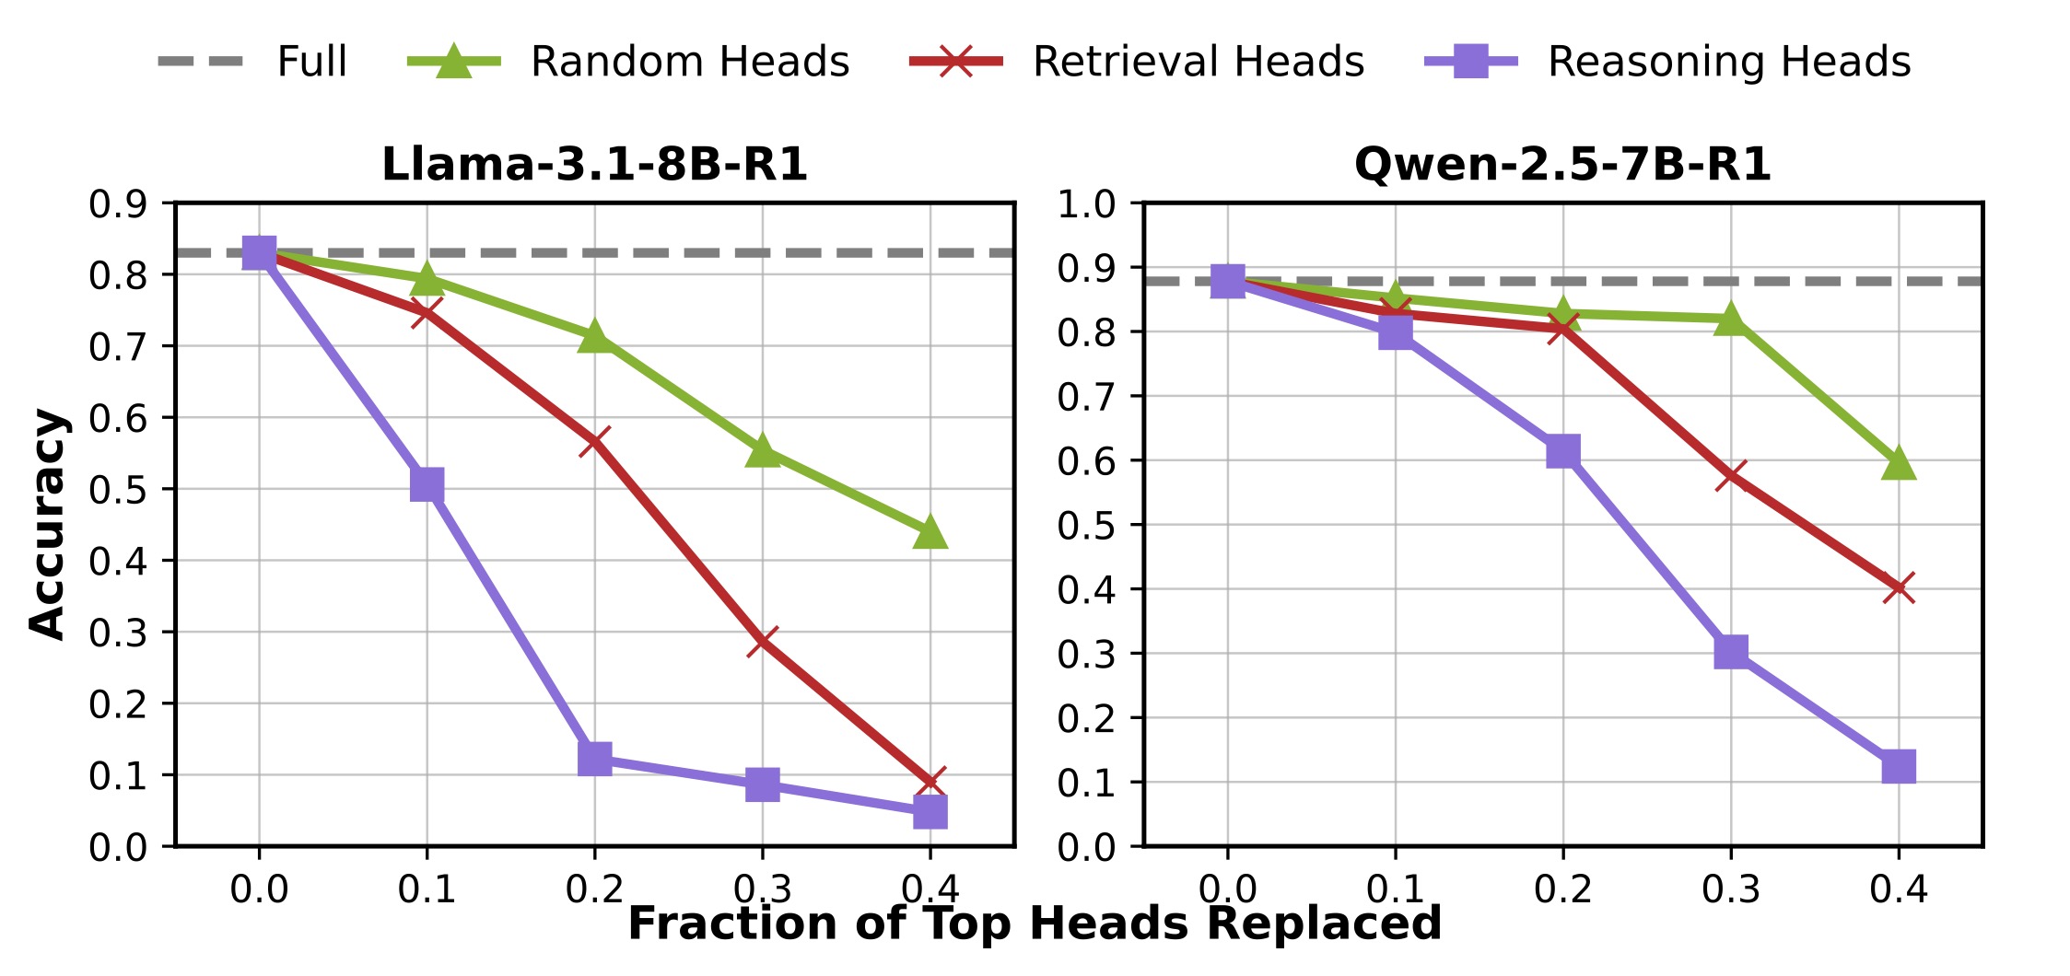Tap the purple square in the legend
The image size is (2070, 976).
point(1470,62)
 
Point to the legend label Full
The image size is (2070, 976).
point(311,62)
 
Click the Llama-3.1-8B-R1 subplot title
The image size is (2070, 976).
point(594,165)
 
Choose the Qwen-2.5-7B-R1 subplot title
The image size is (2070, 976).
point(1562,165)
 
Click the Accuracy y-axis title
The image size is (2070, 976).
point(48,523)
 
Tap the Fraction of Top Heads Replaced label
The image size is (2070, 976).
point(1035,924)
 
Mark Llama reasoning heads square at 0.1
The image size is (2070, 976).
point(427,484)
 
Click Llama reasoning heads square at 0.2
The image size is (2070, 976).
point(594,759)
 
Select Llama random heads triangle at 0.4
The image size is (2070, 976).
point(930,531)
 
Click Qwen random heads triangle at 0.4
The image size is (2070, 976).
point(1899,463)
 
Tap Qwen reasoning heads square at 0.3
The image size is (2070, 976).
point(1731,652)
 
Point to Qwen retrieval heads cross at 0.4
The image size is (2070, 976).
point(1899,587)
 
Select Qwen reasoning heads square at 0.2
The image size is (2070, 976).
point(1562,451)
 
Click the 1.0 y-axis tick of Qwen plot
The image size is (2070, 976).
point(1086,204)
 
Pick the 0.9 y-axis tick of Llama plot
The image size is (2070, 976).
point(118,204)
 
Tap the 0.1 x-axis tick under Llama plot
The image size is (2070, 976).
point(427,889)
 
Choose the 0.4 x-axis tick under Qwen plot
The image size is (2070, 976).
point(1899,889)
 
